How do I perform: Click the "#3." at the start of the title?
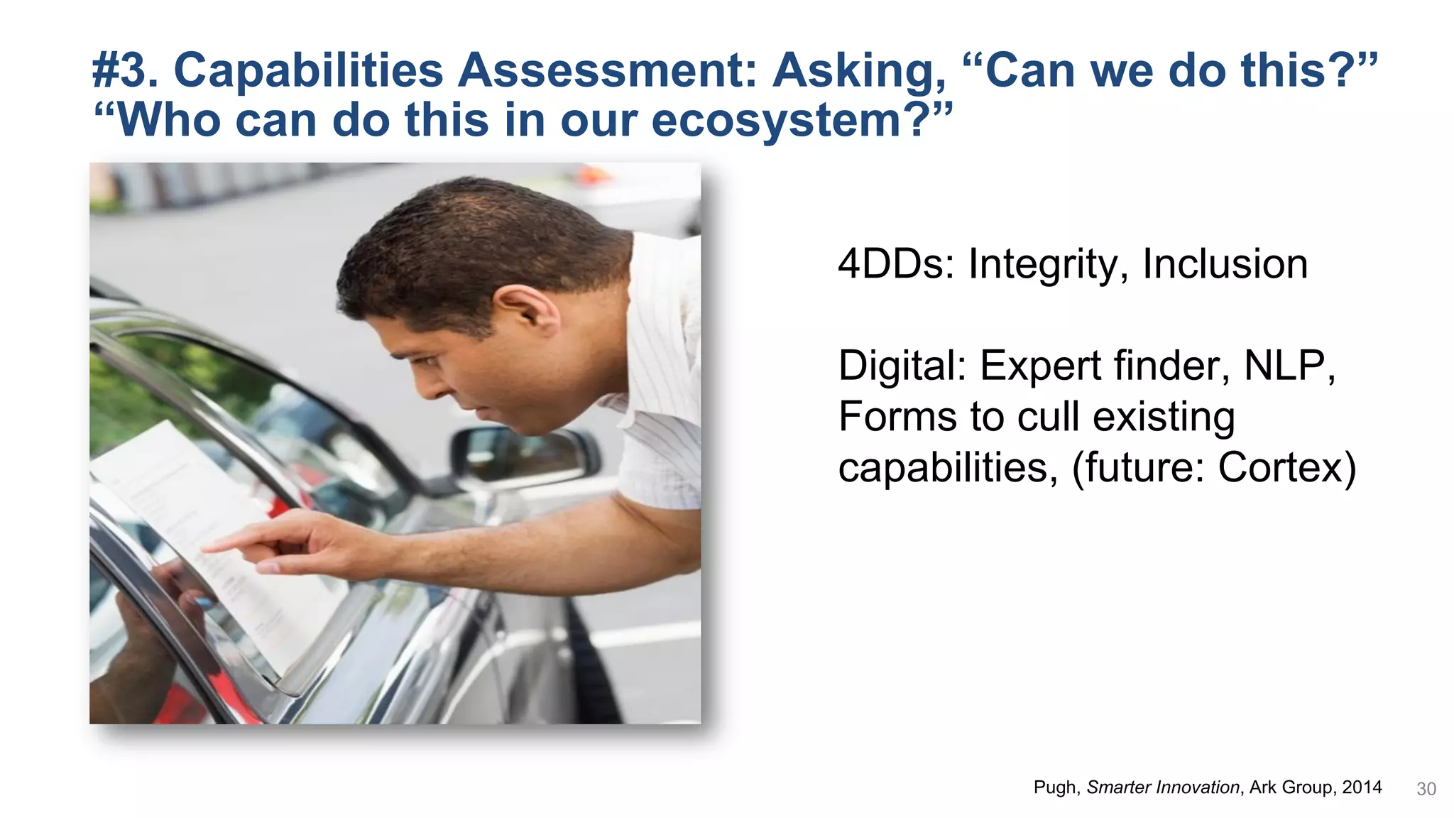tap(125, 71)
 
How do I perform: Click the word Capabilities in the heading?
tap(308, 71)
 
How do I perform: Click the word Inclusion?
tap(1225, 264)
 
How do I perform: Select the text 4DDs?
tap(896, 264)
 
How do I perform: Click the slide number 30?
tap(1426, 789)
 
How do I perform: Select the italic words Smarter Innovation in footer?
tap(1163, 787)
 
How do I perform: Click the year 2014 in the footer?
tap(1361, 787)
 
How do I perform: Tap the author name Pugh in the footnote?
tap(1056, 787)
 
